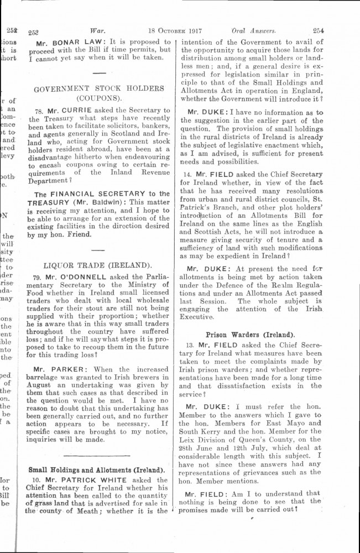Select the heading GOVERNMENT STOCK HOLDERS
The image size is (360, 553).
pyautogui.click(x=99, y=88)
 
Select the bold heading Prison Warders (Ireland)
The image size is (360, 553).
pyautogui.click(x=250, y=335)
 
